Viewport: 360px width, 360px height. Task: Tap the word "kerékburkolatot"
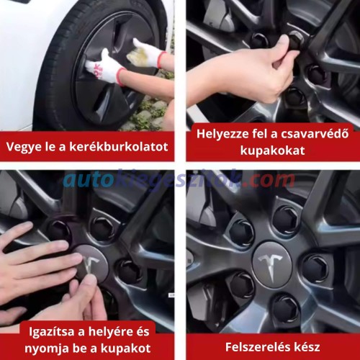pos(119,146)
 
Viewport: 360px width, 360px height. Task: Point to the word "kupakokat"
pos(273,150)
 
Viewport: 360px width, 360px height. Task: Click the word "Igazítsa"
pos(52,332)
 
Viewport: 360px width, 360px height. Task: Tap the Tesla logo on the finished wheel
pos(272,266)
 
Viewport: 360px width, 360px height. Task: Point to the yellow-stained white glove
pos(145,53)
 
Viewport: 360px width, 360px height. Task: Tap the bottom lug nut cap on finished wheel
pos(286,309)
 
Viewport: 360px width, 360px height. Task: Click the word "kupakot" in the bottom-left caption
pos(126,348)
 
